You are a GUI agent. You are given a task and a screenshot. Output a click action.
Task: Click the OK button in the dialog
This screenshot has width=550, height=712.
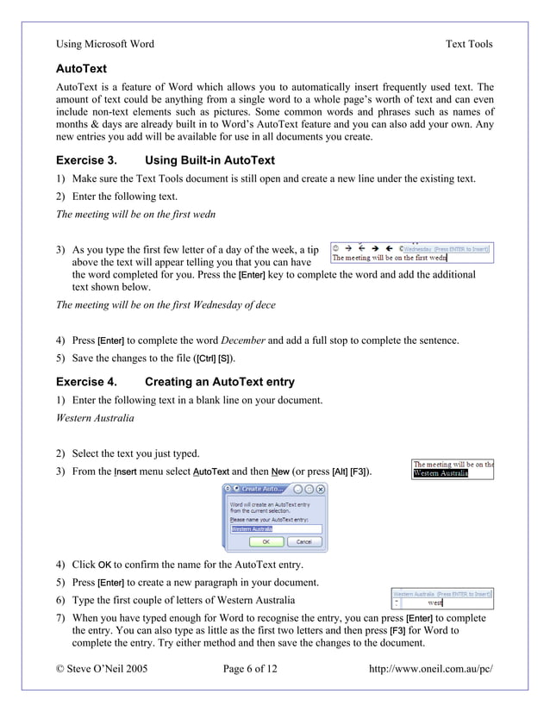coord(266,542)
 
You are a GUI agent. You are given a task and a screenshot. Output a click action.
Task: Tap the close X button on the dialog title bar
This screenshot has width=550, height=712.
coord(320,489)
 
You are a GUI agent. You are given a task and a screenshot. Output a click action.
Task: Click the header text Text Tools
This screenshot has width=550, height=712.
coord(469,44)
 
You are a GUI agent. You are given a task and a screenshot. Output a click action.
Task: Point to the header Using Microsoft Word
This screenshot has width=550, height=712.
coord(105,44)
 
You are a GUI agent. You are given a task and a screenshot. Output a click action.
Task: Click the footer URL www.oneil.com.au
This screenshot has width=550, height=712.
coord(435,668)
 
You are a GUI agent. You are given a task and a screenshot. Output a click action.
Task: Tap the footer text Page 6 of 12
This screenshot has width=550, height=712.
coord(251,668)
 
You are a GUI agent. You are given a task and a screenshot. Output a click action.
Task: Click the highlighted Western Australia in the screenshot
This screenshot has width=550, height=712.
coord(441,473)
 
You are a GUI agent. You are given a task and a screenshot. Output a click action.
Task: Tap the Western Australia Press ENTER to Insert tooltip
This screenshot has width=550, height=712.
coord(441,594)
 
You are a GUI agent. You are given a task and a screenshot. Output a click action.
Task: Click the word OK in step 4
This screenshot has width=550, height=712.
coord(105,565)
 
